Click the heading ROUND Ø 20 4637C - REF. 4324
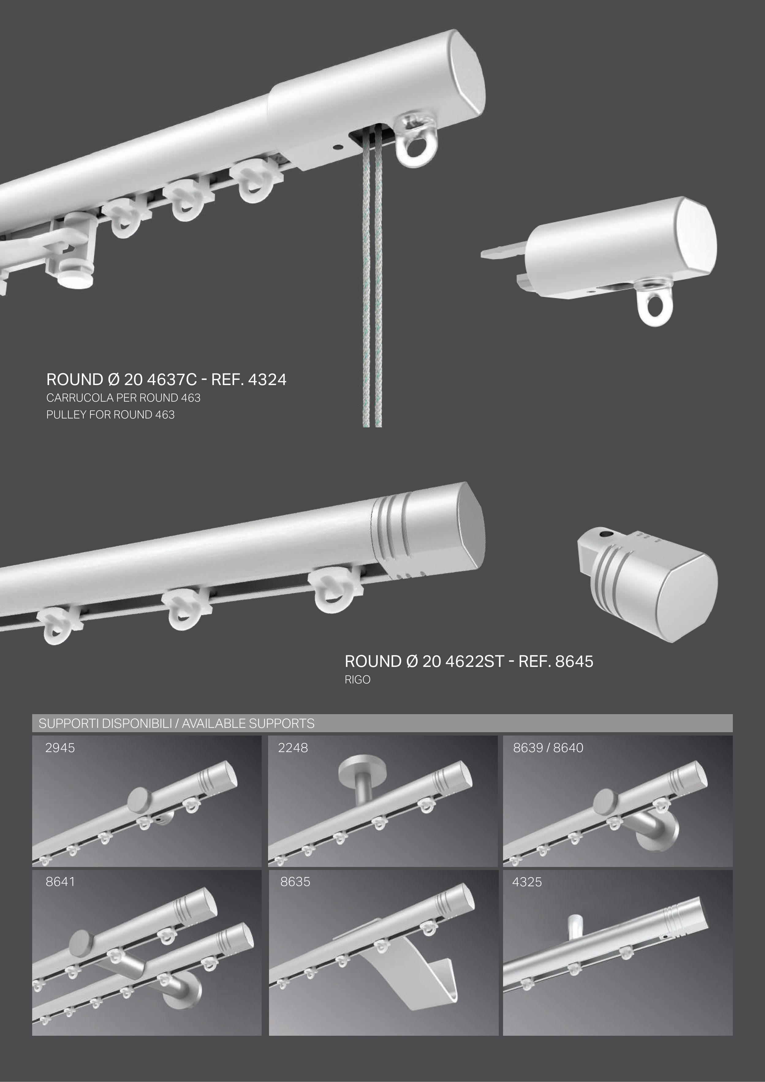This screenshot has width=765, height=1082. [x=166, y=379]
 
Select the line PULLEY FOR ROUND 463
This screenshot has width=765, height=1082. [x=110, y=415]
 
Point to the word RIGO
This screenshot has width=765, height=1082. [x=357, y=679]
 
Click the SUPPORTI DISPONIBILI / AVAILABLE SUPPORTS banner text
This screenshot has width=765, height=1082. [x=176, y=723]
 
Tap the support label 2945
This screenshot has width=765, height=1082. [x=60, y=748]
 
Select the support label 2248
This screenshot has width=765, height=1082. [x=293, y=748]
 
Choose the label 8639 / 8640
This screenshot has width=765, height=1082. [x=548, y=748]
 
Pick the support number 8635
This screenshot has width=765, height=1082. [x=295, y=882]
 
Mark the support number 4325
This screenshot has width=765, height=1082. [x=527, y=882]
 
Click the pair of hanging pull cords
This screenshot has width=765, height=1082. [x=372, y=283]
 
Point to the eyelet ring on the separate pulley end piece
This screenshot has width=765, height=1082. [x=655, y=302]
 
